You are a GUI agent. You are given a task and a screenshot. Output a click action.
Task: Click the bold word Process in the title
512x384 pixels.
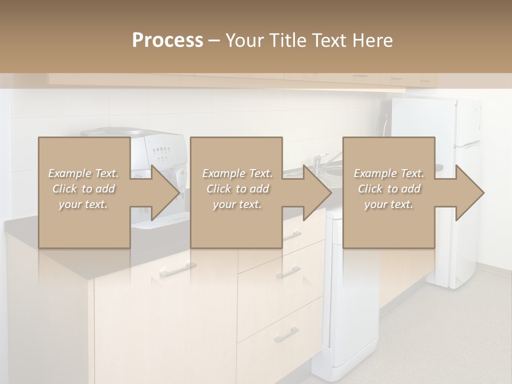point(167,41)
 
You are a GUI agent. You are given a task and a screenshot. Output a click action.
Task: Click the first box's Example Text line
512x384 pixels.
point(84,173)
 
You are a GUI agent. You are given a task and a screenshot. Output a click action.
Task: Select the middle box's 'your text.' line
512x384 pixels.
point(237,204)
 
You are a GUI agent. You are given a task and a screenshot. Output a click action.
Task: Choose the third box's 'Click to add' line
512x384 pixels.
point(389,189)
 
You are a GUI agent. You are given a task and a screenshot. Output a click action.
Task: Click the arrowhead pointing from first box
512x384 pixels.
point(165,193)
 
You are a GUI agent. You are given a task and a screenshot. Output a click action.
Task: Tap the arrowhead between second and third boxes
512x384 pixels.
point(317,193)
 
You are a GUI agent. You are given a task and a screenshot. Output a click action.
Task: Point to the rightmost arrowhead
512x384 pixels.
point(469,193)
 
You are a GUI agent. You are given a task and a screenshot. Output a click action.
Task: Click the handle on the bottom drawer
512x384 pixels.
point(286,335)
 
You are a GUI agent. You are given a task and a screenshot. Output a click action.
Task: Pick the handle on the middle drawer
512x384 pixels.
point(289,273)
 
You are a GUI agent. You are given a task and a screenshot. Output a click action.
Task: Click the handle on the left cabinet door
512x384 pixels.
point(178,270)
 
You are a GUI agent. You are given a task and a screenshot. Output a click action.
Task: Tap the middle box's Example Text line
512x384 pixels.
point(237,173)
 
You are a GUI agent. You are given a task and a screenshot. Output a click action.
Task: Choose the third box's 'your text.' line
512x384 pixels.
point(389,204)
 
